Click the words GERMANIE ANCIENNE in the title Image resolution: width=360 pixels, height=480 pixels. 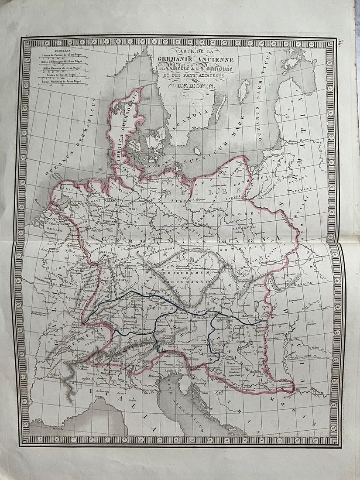pos(202,60)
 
